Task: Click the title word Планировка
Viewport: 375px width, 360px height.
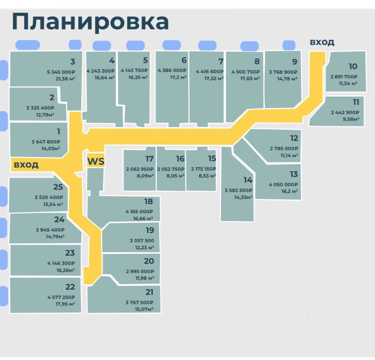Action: click(90, 22)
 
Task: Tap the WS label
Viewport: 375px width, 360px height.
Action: click(96, 161)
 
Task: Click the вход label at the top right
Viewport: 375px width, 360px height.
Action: click(322, 42)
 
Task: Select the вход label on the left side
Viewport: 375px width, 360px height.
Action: click(26, 165)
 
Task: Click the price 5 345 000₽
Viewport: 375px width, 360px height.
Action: click(61, 72)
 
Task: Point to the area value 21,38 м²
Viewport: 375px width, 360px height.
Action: click(65, 79)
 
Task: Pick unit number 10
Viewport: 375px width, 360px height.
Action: click(353, 66)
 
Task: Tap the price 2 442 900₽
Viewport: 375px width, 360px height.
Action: click(345, 112)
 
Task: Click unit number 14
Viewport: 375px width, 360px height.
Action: click(248, 180)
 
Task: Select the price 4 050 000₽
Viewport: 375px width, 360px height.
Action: click(283, 185)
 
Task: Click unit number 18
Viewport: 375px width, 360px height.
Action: click(149, 202)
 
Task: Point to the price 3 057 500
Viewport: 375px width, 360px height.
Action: click(142, 240)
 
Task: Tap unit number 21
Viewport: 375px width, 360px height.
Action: click(149, 292)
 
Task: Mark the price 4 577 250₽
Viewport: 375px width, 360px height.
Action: click(61, 297)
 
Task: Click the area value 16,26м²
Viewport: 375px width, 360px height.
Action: click(65, 270)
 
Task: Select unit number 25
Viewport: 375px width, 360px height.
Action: click(58, 187)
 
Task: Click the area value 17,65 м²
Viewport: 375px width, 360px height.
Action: click(250, 79)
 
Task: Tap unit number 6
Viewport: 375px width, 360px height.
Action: click(184, 60)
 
